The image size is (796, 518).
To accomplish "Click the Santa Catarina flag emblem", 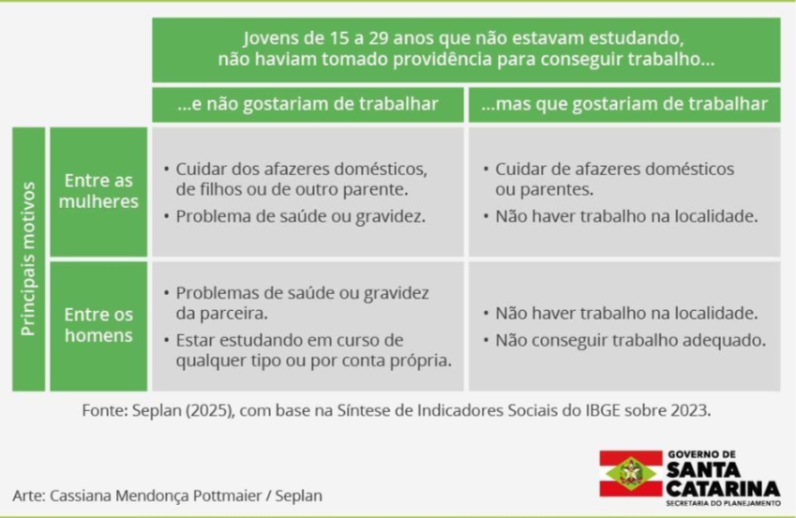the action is [631, 473].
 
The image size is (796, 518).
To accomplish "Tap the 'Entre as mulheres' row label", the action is [98, 191].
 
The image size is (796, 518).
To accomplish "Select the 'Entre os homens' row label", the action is [98, 325].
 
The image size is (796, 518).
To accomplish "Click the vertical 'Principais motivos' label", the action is [28, 259].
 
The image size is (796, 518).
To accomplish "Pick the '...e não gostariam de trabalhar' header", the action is [308, 104].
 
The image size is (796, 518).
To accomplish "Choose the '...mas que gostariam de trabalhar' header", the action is [624, 104].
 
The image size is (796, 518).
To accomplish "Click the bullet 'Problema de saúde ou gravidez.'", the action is [301, 216].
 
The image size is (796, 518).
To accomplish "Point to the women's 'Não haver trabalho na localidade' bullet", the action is [626, 216].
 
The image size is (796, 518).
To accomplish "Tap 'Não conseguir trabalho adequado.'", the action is [630, 340].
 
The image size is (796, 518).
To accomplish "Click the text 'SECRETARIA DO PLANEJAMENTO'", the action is [724, 503].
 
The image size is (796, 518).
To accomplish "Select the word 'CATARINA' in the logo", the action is [724, 489].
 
